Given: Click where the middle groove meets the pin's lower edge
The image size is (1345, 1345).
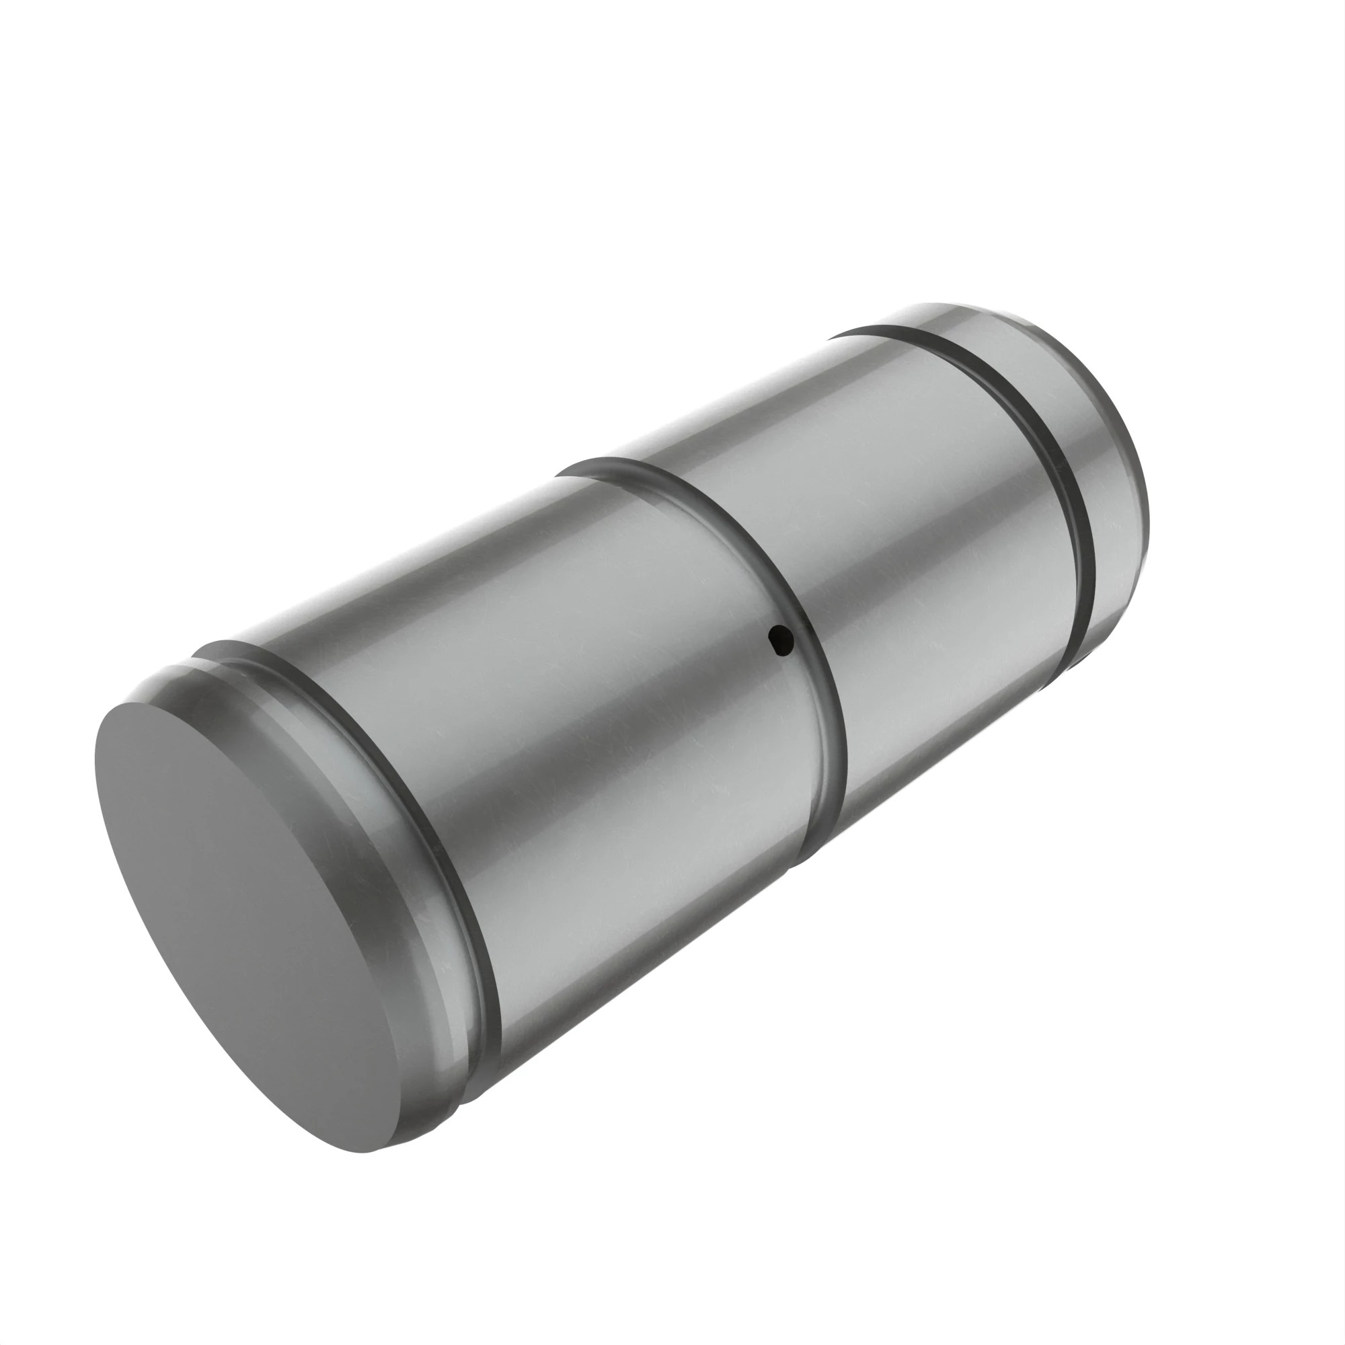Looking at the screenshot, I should coord(800,859).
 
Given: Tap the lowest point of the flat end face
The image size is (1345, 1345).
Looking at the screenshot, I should coord(365,1152).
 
